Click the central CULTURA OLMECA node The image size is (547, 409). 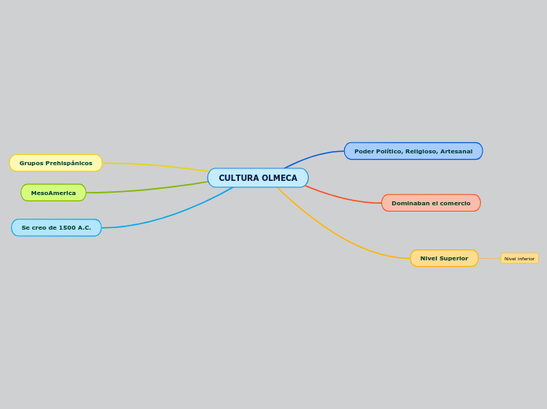(258, 178)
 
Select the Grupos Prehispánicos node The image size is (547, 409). (56, 163)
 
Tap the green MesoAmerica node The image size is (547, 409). (53, 193)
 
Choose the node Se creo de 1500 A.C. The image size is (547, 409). (56, 227)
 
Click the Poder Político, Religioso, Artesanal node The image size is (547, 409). (413, 151)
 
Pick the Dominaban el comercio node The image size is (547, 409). (431, 203)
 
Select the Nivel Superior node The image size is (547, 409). (444, 258)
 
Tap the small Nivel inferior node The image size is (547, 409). (519, 258)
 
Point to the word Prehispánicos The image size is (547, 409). (69, 163)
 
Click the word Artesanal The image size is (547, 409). (457, 151)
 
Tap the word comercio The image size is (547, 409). (455, 203)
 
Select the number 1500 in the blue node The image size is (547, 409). (67, 227)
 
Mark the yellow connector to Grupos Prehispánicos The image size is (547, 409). (157, 165)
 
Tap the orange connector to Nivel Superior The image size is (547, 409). (338, 235)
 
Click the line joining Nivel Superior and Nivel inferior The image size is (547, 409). (490, 258)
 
